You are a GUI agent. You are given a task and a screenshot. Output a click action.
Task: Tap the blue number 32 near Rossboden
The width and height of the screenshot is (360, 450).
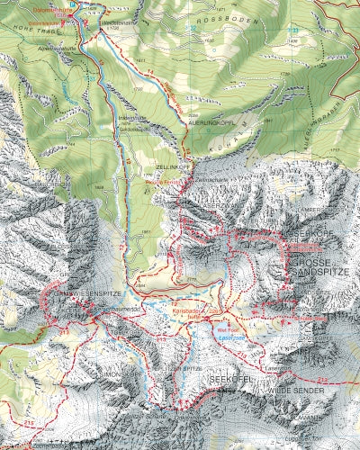192,27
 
